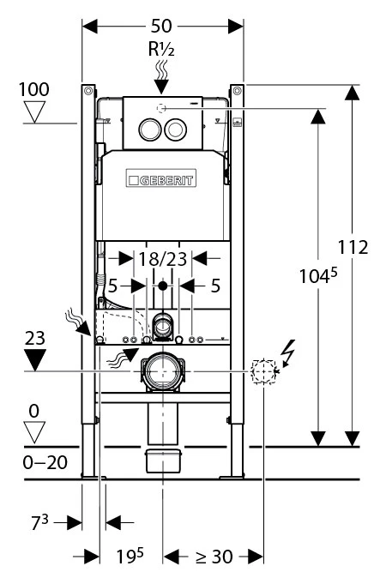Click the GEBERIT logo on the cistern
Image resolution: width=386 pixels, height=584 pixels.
[x=161, y=178]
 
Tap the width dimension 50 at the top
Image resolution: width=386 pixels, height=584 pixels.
[x=161, y=26]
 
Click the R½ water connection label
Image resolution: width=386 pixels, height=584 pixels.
[x=161, y=49]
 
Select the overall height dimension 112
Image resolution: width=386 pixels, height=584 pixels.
[x=353, y=247]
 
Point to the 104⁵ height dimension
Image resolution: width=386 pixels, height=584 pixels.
[x=318, y=276]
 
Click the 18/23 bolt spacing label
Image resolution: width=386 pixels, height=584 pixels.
[x=162, y=259]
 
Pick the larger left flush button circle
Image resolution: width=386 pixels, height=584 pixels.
[x=150, y=129]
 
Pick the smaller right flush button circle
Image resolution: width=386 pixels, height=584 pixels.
[x=175, y=129]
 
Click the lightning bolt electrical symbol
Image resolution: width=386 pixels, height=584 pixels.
[x=288, y=353]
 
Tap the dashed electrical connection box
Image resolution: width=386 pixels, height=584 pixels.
[x=264, y=371]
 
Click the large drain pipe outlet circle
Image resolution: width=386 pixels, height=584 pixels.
[x=163, y=371]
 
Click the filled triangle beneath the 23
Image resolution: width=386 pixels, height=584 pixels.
[x=34, y=360]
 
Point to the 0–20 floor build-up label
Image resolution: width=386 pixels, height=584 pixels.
[x=45, y=462]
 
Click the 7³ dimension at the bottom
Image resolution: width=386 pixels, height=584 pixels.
[x=39, y=522]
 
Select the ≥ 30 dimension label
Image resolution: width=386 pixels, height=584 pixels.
[x=214, y=557]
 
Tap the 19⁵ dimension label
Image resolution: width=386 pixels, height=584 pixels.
[x=130, y=556]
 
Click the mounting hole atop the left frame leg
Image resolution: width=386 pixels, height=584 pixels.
[x=88, y=91]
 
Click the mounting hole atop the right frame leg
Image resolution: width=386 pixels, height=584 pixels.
[x=237, y=91]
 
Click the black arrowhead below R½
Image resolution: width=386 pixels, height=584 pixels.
[x=161, y=87]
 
